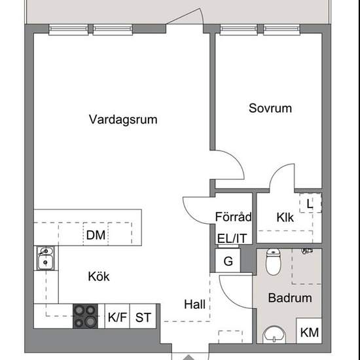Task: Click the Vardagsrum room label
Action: [x=123, y=120]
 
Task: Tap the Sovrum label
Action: [x=270, y=108]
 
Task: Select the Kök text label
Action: [x=99, y=276]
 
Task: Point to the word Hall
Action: [x=194, y=304]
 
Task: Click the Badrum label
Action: [x=290, y=298]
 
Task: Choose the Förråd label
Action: [x=233, y=217]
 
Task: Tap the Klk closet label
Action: [x=285, y=217]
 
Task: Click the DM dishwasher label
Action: [x=96, y=235]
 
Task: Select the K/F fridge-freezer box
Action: [x=117, y=316]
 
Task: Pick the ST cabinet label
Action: [x=143, y=317]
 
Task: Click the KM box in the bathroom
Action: [x=309, y=331]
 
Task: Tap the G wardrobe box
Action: [x=228, y=261]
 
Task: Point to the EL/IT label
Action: [x=232, y=238]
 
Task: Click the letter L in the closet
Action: [x=310, y=204]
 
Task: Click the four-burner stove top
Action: [x=85, y=316]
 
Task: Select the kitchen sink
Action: [x=46, y=258]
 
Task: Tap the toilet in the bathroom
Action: [x=273, y=262]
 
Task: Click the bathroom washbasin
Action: [x=274, y=335]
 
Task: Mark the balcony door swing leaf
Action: [x=183, y=16]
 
